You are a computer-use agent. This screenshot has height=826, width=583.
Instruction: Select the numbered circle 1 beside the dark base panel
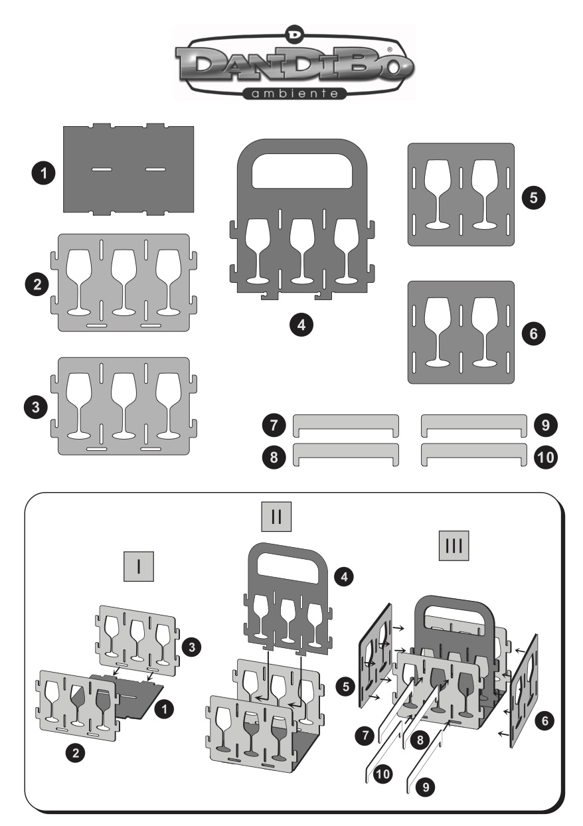(43, 175)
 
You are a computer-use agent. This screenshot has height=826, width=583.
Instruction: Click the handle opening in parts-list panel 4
(301, 175)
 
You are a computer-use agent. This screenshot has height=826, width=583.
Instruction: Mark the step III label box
(455, 546)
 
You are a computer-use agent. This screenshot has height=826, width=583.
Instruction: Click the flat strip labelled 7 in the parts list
(346, 423)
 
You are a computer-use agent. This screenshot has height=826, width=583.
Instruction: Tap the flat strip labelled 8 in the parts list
(346, 453)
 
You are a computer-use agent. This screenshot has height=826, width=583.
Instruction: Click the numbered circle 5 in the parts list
(533, 197)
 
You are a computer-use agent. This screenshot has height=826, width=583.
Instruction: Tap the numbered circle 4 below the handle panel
(302, 325)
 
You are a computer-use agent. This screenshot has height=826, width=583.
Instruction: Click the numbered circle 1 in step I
(165, 709)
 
